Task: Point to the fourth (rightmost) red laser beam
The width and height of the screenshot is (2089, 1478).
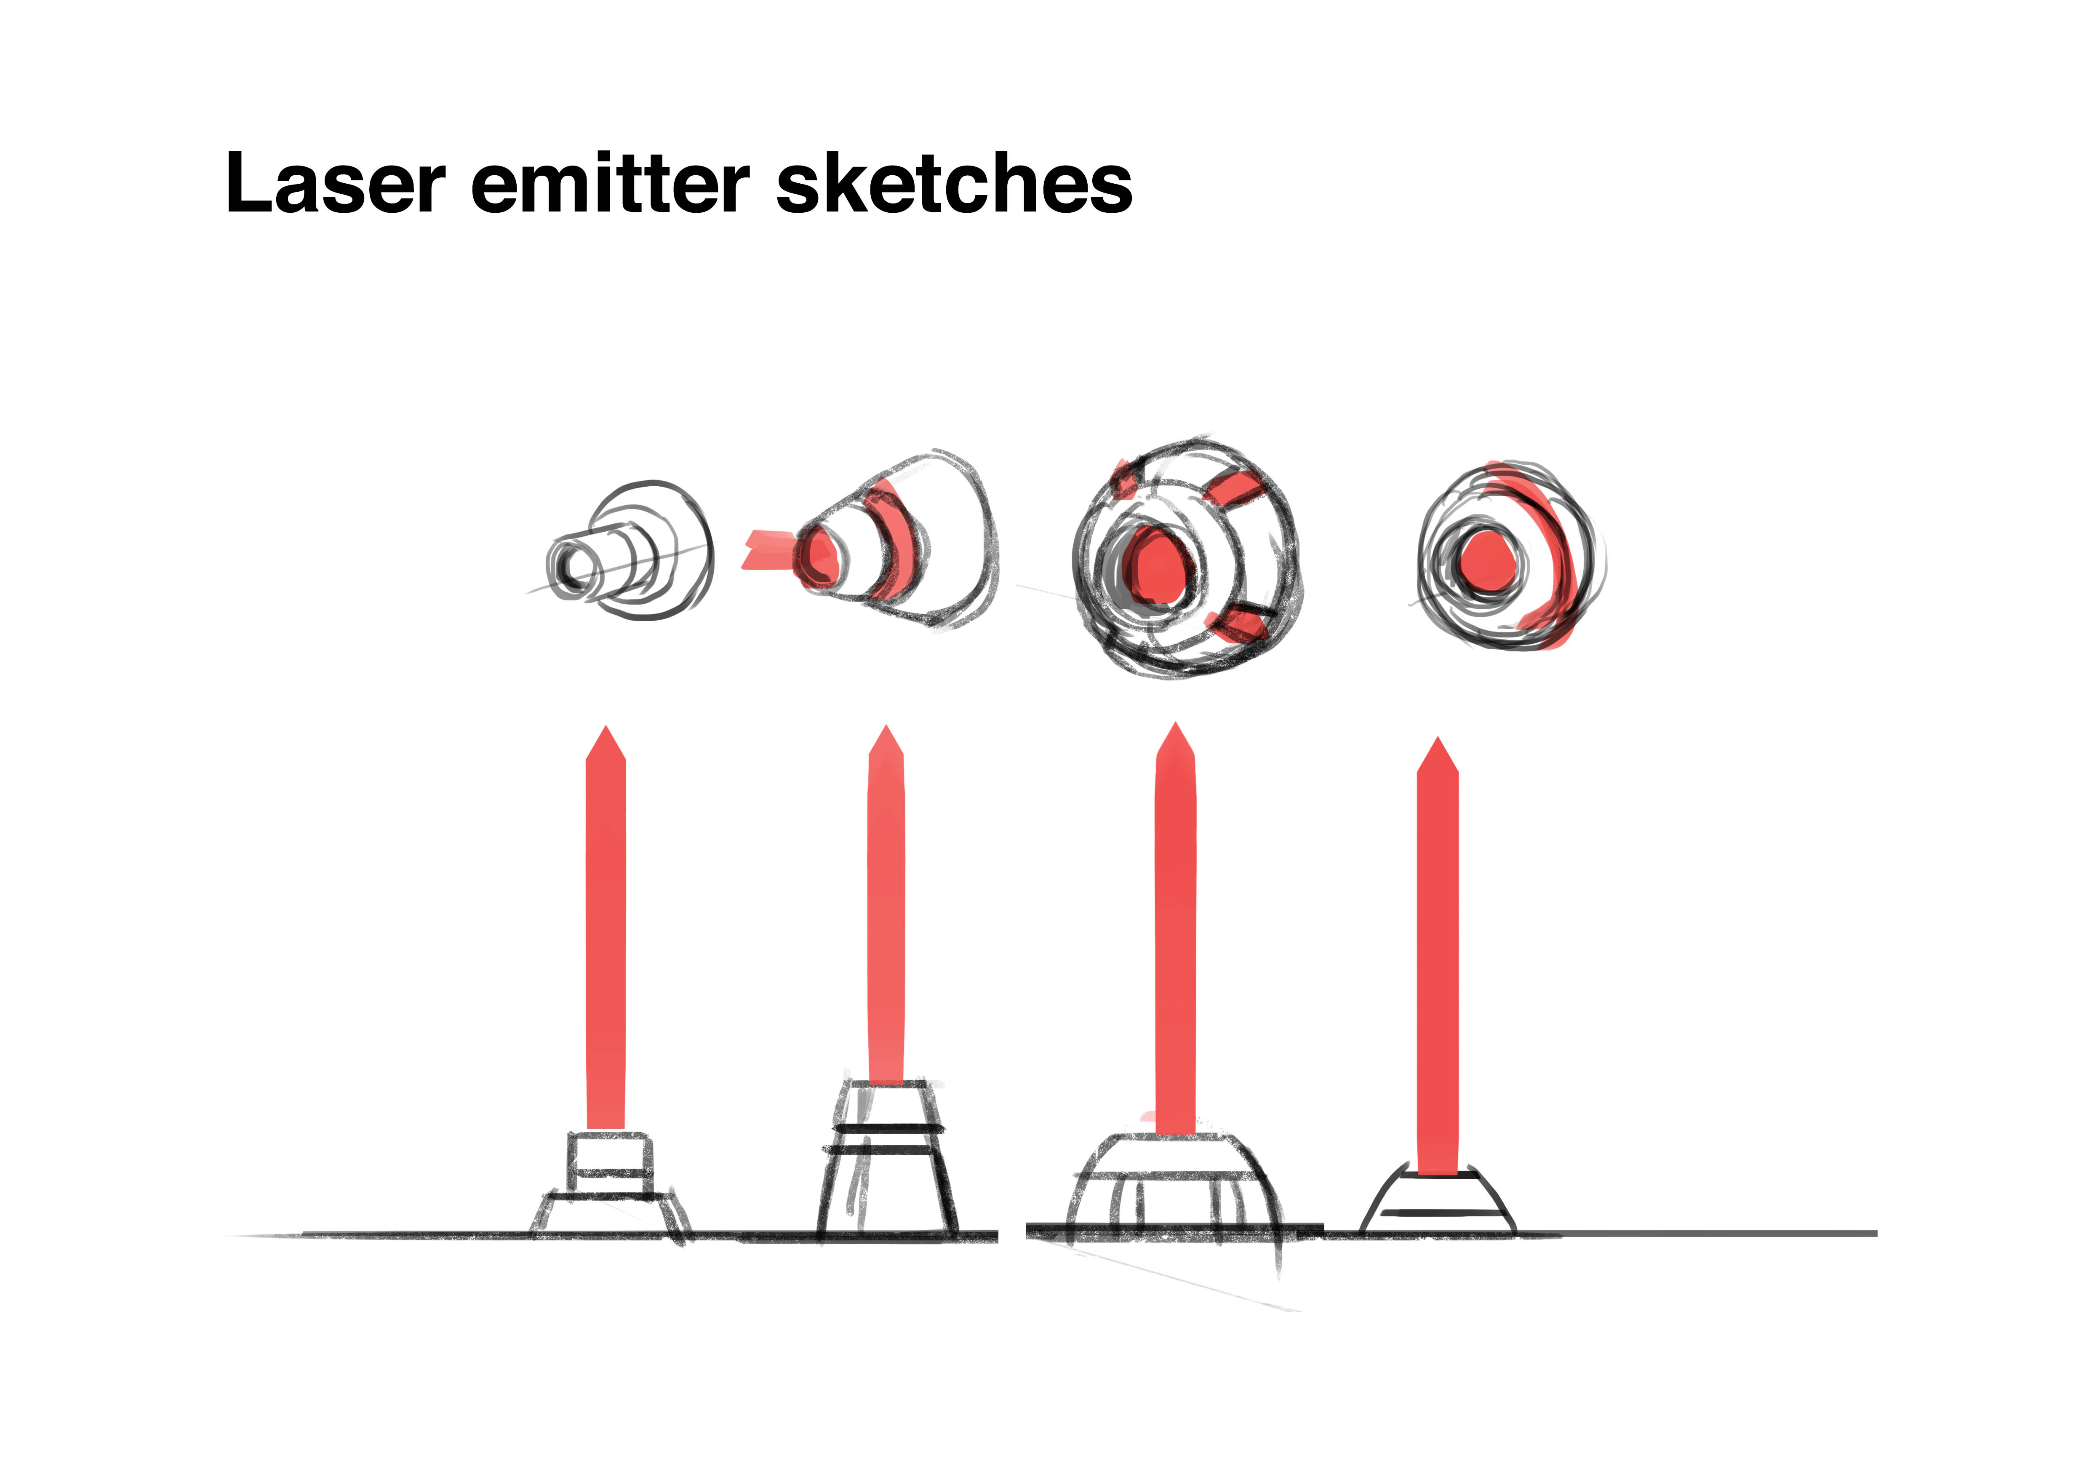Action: (1438, 965)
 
